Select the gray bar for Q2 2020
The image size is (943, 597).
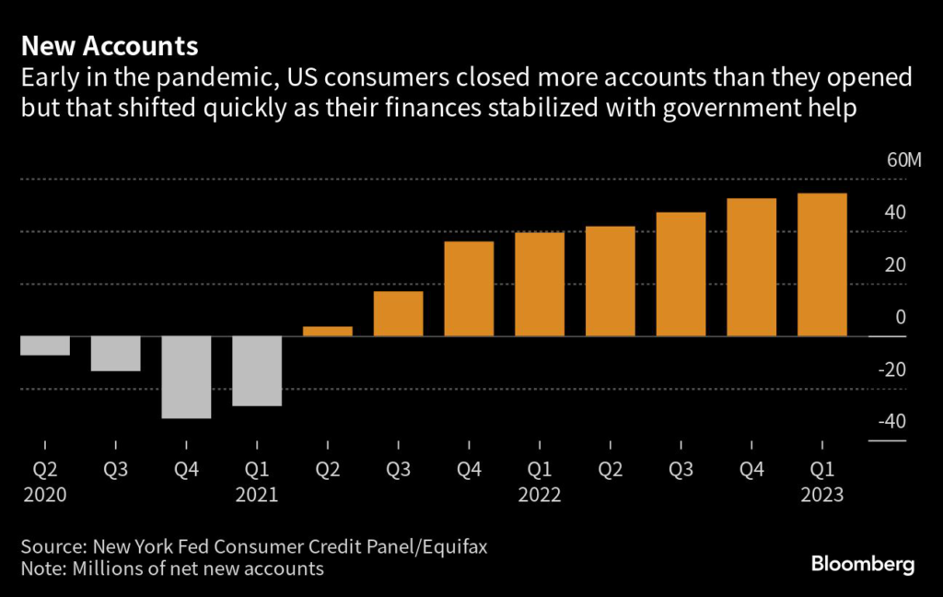click(x=45, y=345)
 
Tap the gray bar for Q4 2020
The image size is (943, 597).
click(x=186, y=378)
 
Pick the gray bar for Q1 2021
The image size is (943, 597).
click(x=257, y=371)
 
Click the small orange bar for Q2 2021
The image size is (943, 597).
click(x=328, y=332)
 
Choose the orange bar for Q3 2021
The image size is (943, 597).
click(x=398, y=314)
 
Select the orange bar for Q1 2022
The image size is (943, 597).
click(x=540, y=285)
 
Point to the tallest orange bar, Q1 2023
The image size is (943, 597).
click(x=821, y=265)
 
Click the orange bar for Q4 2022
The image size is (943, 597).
click(x=751, y=267)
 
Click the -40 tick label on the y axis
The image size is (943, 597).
click(x=891, y=422)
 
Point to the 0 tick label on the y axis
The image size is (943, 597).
click(x=901, y=318)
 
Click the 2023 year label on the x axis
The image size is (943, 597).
click(x=821, y=494)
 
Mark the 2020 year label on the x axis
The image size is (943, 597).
click(x=45, y=494)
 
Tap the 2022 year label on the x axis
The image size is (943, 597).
click(x=540, y=494)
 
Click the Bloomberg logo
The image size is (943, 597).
click(x=863, y=565)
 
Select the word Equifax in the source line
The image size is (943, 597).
click(x=453, y=546)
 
